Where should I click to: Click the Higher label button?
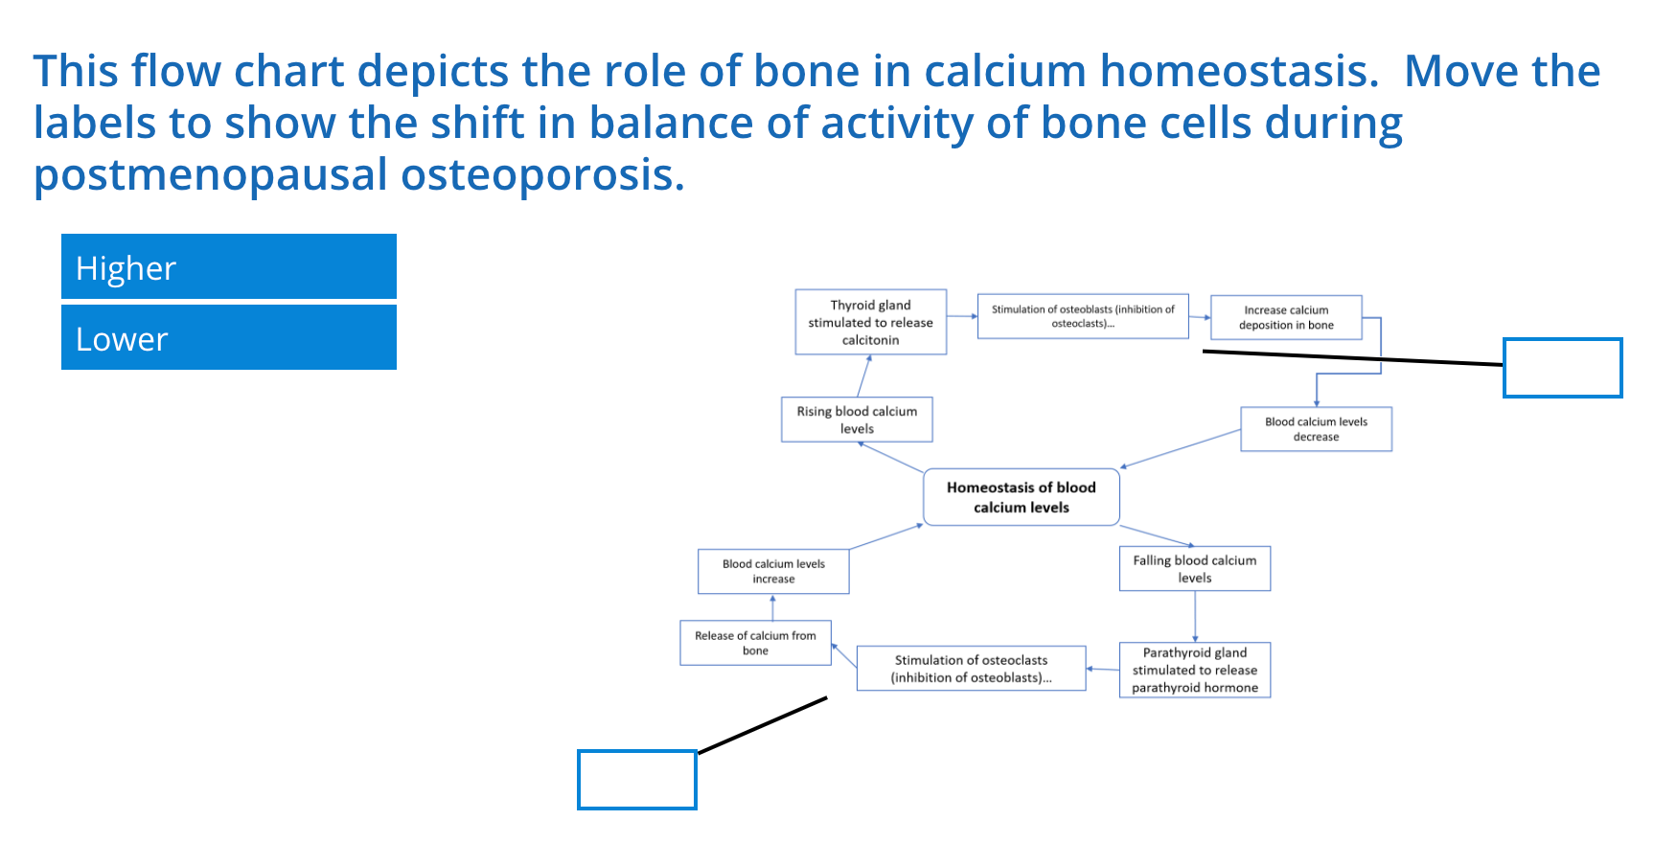(228, 267)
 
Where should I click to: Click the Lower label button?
(228, 338)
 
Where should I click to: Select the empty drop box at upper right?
(1562, 368)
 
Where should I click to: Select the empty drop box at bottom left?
(636, 780)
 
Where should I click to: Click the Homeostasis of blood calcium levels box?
(1021, 497)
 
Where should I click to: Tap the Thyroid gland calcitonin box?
(870, 322)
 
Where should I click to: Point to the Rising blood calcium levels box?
(857, 420)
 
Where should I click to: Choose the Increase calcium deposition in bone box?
(1286, 317)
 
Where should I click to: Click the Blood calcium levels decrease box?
(1316, 429)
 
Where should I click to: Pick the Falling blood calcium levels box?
(1194, 569)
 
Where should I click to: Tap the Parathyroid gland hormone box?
(1194, 670)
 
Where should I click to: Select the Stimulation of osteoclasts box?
(971, 669)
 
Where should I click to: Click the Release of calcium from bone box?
(755, 643)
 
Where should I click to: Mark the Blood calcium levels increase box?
(773, 571)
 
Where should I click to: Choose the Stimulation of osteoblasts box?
(1083, 316)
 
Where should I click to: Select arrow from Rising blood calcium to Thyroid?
(863, 376)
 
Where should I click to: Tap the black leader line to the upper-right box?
(1351, 358)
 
